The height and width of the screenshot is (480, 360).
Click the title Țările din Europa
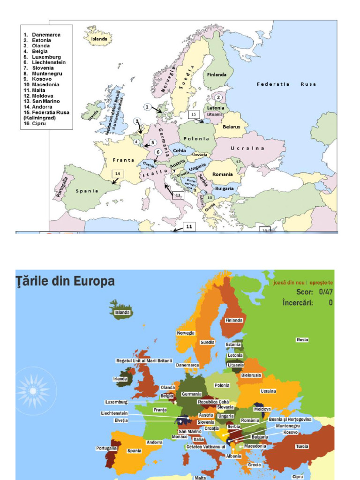click(65, 282)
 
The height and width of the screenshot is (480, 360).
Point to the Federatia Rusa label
click(286, 84)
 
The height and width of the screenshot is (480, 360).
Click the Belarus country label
click(232, 127)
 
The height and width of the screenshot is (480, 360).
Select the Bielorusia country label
click(251, 375)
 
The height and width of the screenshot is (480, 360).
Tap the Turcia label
click(302, 446)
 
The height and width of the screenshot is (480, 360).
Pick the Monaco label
click(180, 437)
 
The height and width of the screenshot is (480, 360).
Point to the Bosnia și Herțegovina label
click(290, 419)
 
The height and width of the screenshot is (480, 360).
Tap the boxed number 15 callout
click(194, 114)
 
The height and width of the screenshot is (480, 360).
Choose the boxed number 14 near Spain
click(118, 173)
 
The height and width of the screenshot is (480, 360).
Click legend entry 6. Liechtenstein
click(48, 62)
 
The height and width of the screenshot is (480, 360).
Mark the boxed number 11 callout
click(189, 226)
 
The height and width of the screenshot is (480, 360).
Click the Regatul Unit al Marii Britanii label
click(144, 360)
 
